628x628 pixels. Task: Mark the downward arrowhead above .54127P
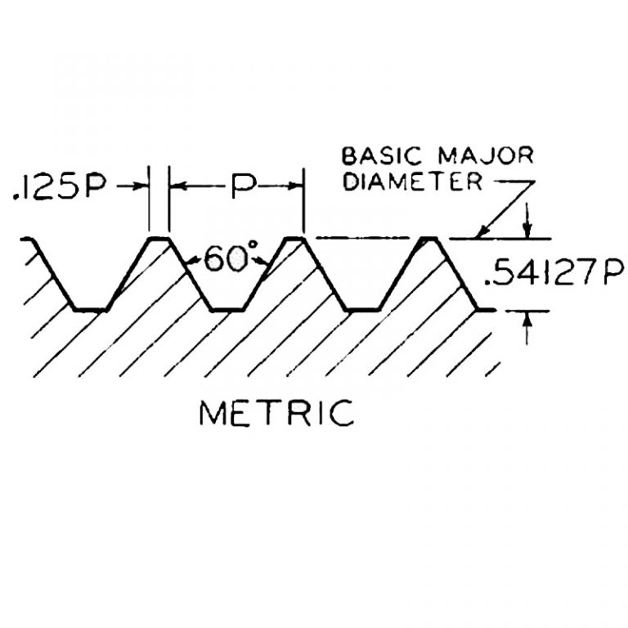pos(527,230)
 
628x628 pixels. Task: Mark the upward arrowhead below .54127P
pos(527,320)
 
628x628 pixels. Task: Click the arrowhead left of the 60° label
pos(191,262)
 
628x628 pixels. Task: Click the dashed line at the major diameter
pos(360,238)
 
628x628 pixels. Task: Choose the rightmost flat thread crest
pos(430,238)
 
